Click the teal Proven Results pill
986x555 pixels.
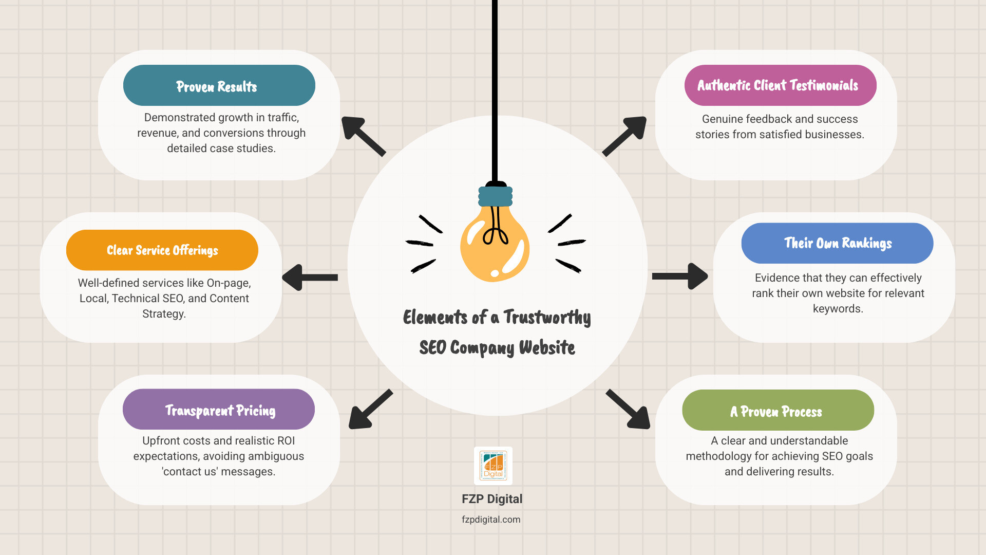point(219,85)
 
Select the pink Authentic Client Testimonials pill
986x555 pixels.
point(780,85)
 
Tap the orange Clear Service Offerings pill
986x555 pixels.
point(162,250)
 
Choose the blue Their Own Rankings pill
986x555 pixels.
point(837,243)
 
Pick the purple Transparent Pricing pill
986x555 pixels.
point(218,410)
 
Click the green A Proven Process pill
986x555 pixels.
point(778,411)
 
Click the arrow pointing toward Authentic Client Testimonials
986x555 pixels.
point(625,136)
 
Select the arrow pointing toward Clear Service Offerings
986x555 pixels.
point(310,277)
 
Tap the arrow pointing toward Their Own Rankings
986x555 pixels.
point(680,276)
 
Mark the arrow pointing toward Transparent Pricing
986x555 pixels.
point(370,409)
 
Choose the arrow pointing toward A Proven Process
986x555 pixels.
point(629,409)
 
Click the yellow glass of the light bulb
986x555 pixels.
point(494,247)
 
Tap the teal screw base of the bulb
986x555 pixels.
point(495,196)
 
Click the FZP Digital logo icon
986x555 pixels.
point(493,466)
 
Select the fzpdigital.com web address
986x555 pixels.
point(491,520)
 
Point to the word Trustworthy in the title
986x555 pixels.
point(547,318)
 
